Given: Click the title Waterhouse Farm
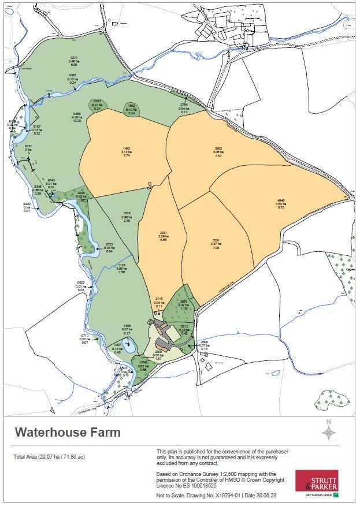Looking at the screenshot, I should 68,432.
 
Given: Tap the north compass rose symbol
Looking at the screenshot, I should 328,431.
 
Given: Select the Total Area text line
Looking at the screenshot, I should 50,457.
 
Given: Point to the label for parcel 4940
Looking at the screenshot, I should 281,204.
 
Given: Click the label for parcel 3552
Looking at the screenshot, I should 218,152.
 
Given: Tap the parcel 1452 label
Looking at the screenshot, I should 127,152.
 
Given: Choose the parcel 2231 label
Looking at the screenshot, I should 163,237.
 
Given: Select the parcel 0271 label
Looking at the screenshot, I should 74,61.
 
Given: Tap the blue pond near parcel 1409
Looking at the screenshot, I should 130,346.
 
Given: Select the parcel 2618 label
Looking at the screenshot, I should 184,305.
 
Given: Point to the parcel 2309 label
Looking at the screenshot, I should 158,355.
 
